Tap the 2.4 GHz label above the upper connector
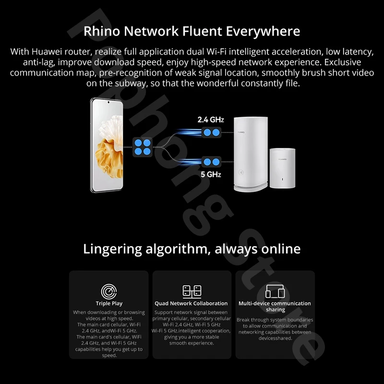[211, 119]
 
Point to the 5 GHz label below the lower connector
[210, 174]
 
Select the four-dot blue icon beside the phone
[142, 147]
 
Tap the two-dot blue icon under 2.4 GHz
[212, 133]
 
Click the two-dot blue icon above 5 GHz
[212, 161]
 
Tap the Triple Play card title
[109, 303]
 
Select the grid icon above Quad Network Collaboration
[192, 291]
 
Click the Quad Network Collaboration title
[191, 303]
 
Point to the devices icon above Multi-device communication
[275, 291]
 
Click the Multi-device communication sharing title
[275, 306]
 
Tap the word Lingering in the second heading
[113, 249]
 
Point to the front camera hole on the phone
[109, 103]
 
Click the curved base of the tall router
[251, 188]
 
